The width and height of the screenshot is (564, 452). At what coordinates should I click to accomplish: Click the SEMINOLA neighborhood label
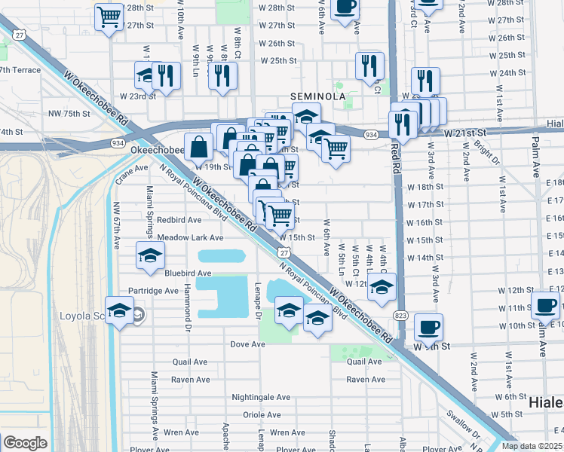click(x=318, y=97)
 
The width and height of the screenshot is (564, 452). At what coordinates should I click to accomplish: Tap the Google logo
click(x=25, y=443)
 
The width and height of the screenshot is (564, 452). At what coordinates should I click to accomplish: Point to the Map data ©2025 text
click(x=531, y=445)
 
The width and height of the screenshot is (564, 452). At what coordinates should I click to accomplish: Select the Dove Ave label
click(x=248, y=344)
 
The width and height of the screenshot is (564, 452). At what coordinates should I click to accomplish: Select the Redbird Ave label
click(x=179, y=220)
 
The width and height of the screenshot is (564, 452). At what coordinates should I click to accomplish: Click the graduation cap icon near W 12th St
click(x=382, y=286)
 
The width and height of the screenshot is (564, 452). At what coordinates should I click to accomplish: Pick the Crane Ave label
click(x=124, y=173)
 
